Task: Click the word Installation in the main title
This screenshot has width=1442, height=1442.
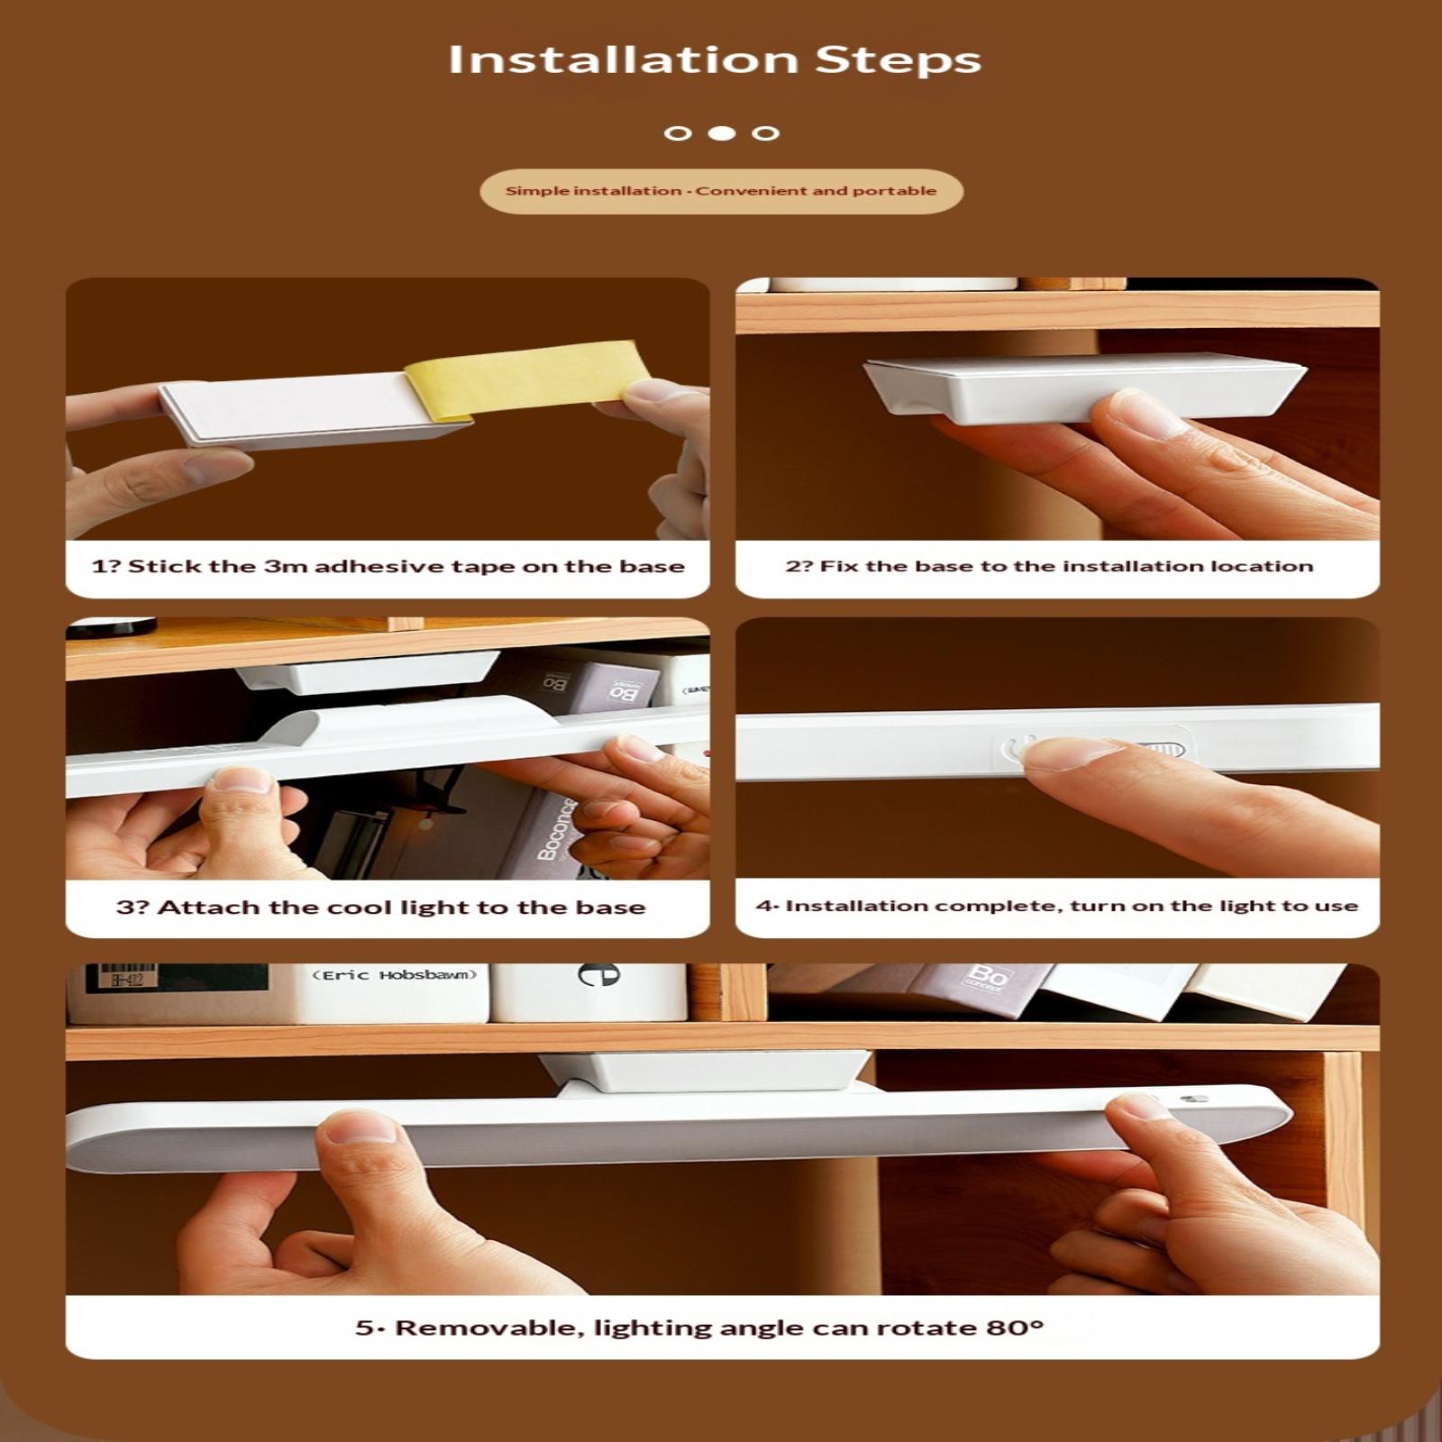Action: click(x=624, y=59)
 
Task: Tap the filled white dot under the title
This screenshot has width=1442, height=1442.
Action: click(x=722, y=133)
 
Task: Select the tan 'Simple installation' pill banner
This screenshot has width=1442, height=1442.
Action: click(x=721, y=191)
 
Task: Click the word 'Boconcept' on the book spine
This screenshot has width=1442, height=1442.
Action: click(x=556, y=828)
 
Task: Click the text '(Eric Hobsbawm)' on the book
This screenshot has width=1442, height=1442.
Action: click(x=394, y=975)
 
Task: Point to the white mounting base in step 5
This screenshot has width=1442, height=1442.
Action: click(x=706, y=1072)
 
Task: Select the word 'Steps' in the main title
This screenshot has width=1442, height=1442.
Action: click(x=898, y=61)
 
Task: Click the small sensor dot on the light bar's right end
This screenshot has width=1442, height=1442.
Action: click(x=1194, y=1100)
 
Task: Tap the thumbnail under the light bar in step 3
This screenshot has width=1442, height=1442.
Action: click(x=241, y=780)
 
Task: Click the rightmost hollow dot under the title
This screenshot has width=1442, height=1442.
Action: click(x=766, y=133)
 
